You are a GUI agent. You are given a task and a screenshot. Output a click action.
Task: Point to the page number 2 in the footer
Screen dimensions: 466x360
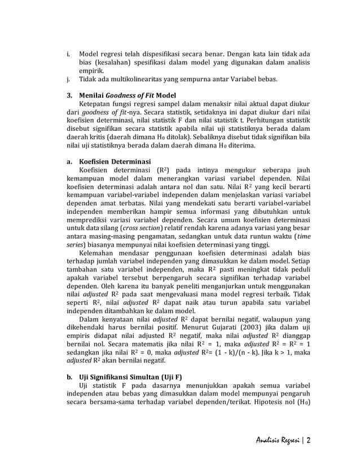pos(310,441)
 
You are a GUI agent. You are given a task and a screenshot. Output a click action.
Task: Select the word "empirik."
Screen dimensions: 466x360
pos(91,71)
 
